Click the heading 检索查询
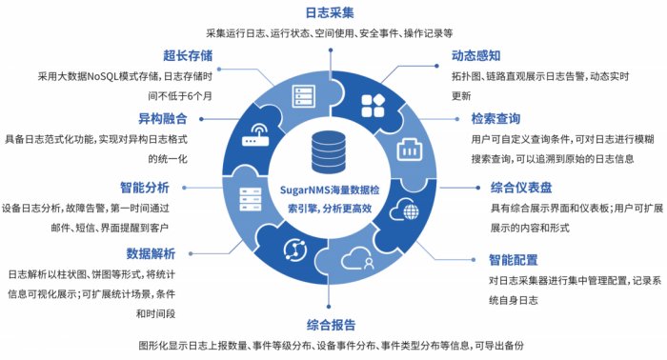[x=495, y=119]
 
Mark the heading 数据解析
[x=152, y=252]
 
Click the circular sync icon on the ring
[x=290, y=250]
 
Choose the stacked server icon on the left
[x=250, y=200]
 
